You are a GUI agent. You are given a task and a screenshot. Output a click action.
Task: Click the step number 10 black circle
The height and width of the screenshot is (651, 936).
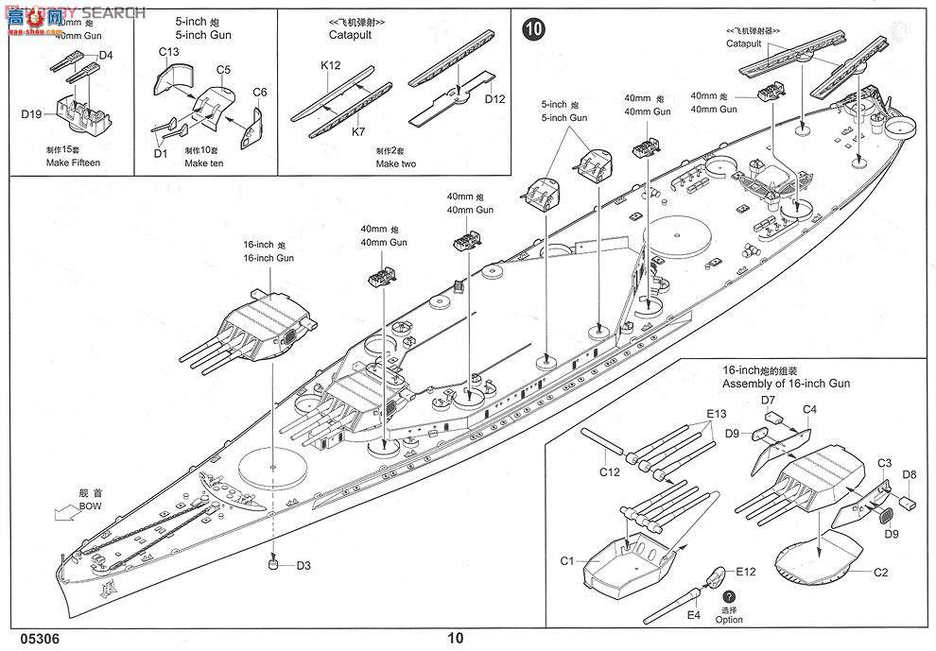point(533,29)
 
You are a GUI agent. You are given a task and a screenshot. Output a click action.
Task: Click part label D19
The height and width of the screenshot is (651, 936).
point(32,115)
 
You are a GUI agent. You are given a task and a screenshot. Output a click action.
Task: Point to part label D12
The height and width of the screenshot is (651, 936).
point(494,99)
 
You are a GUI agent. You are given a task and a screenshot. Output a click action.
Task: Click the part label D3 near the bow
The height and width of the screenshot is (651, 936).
point(303,566)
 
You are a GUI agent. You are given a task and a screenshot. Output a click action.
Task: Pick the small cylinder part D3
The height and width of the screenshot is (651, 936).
point(273,565)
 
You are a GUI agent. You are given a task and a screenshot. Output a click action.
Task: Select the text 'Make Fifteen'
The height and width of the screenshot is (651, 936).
point(73,163)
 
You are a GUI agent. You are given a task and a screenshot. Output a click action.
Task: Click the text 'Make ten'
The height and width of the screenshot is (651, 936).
point(203,163)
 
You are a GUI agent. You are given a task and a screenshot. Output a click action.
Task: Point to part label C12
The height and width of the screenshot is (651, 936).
point(610,471)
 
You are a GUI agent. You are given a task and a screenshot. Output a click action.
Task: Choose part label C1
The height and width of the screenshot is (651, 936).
point(567,561)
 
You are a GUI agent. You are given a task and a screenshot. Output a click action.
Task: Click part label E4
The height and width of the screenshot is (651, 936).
point(695,614)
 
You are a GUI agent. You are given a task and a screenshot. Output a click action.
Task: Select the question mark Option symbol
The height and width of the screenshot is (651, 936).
point(729,597)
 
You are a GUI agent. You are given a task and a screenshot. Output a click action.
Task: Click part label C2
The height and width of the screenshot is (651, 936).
point(879,572)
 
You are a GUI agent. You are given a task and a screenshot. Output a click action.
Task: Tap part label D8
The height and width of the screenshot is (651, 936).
point(909,473)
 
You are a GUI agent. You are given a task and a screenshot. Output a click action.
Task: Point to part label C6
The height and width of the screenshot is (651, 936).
point(260,92)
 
